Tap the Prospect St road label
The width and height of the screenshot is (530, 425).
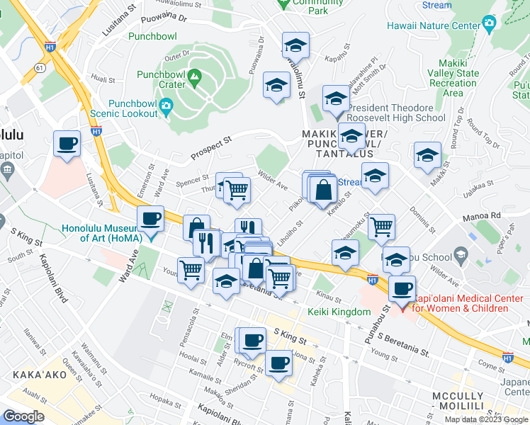[211, 149]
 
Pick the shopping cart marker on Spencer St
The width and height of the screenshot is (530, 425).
[237, 189]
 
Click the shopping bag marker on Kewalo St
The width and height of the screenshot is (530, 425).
[323, 189]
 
